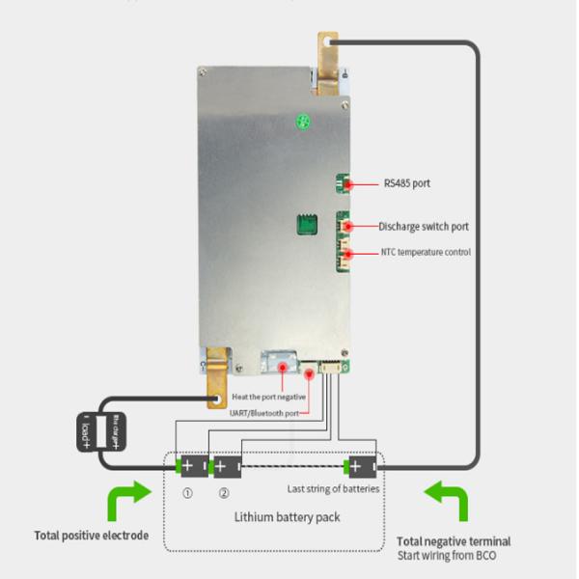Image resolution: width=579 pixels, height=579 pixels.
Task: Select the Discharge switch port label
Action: pyautogui.click(x=424, y=227)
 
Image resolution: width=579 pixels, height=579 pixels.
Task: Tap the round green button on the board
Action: pyautogui.click(x=302, y=123)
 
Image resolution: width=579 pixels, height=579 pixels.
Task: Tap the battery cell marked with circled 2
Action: pyautogui.click(x=224, y=467)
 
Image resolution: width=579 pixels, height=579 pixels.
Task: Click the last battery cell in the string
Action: pyautogui.click(x=362, y=467)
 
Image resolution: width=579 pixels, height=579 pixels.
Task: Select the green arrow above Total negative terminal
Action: pyautogui.click(x=448, y=502)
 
